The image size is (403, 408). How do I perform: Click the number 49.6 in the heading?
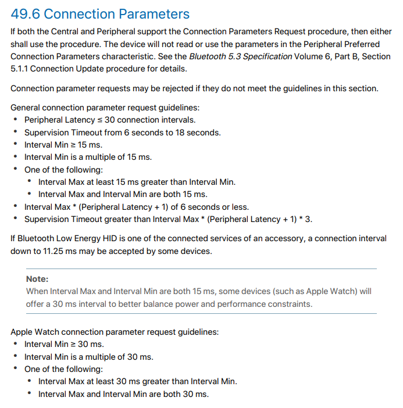click(x=27, y=14)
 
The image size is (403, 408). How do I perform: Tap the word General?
click(x=26, y=107)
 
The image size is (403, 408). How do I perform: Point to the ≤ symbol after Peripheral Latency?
click(x=99, y=120)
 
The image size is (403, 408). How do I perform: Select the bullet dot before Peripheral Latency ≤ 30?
click(x=15, y=120)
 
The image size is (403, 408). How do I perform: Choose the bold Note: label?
click(x=37, y=279)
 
